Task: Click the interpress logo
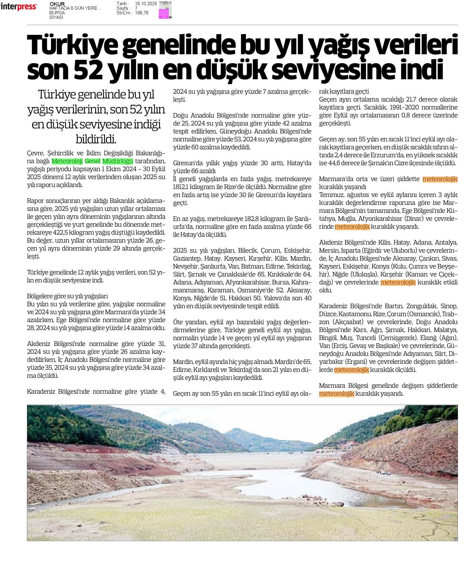click(19, 7)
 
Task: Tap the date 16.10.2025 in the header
click(146, 4)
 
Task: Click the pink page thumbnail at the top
click(165, 13)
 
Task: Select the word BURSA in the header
click(57, 13)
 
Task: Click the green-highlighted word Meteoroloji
click(67, 161)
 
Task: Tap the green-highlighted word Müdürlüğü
click(118, 161)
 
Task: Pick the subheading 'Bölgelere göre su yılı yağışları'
click(67, 296)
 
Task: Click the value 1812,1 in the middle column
click(182, 187)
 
